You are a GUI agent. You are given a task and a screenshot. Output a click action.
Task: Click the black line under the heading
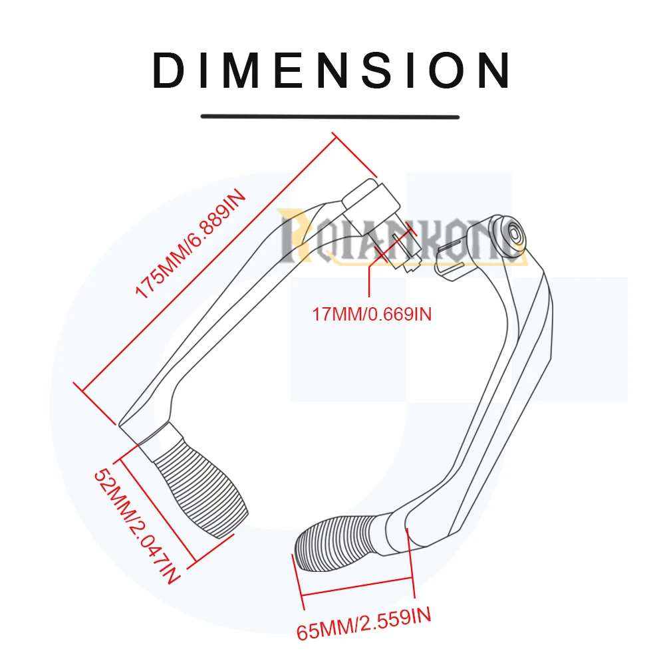[331, 116]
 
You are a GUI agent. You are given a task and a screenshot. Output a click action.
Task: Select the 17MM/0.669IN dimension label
[372, 313]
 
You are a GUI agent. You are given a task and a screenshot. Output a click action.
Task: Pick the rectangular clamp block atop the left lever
[371, 196]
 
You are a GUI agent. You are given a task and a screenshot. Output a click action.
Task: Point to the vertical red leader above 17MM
[368, 279]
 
